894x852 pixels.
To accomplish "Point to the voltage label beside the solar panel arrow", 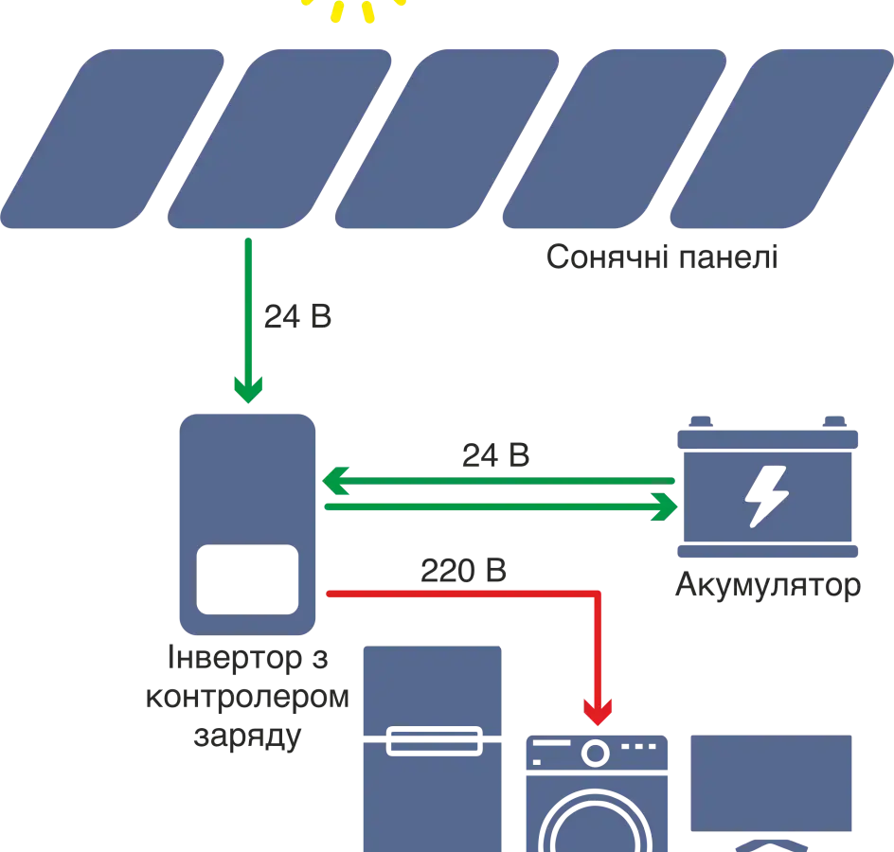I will coord(296,320).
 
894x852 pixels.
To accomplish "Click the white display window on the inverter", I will coord(246,579).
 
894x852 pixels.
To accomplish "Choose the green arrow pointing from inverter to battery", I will coord(502,507).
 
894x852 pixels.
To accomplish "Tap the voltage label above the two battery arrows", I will coord(494,454).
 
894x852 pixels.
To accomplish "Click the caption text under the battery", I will coord(768,587).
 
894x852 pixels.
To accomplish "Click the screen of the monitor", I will coord(773,781).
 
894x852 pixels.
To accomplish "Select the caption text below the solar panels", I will coord(663,258).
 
